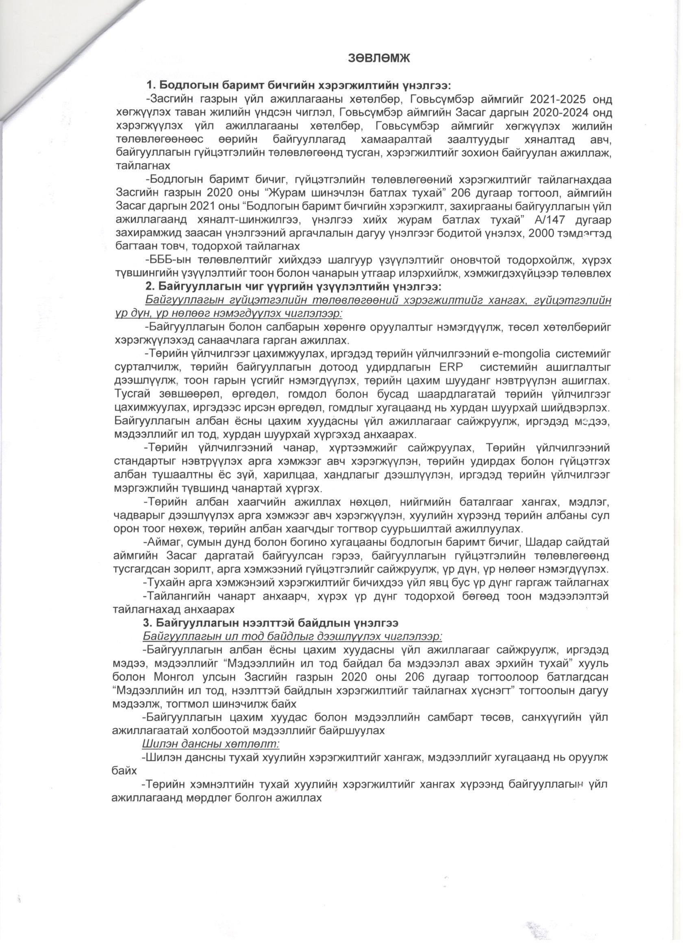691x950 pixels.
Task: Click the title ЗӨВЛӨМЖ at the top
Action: pos(378,59)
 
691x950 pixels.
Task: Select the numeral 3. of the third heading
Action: pos(148,623)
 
